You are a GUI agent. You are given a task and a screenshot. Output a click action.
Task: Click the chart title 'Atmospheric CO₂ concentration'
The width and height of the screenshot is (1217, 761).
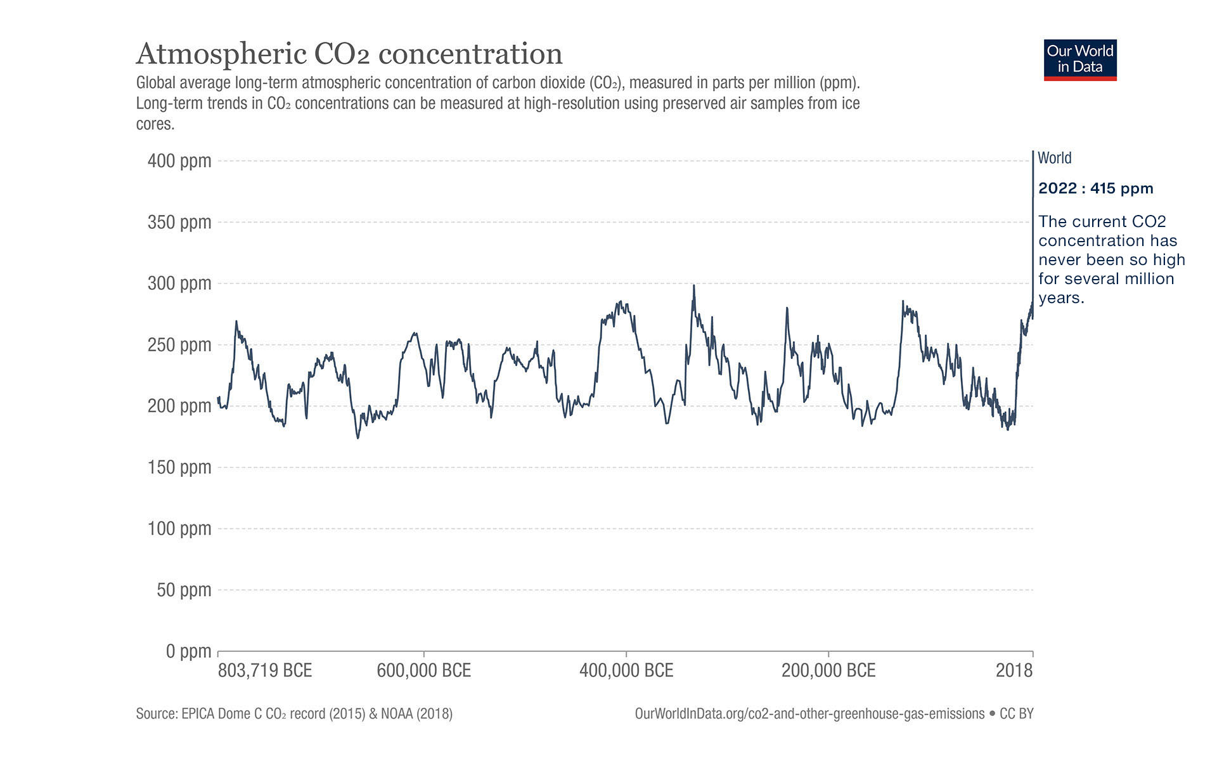349,54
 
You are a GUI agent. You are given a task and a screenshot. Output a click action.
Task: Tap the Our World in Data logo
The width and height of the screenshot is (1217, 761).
1080,60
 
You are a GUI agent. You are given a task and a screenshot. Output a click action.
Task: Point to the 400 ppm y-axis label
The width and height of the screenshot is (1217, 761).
179,161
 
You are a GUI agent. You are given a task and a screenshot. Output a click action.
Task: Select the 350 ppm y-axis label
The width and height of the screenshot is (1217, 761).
179,223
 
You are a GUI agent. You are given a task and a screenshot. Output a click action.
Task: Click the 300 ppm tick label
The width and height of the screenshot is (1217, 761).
179,283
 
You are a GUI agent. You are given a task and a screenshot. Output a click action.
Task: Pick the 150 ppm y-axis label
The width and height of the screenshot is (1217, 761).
179,467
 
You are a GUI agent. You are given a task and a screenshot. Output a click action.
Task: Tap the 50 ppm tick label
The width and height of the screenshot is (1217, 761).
184,590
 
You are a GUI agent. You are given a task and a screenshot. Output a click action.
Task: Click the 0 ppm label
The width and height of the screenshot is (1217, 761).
188,651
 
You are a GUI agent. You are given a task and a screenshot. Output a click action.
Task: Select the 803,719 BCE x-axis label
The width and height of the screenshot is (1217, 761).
265,671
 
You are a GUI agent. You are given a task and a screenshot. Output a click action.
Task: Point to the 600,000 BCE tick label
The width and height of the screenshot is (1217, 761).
423,671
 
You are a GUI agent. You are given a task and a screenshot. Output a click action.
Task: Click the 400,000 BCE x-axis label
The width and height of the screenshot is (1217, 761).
626,671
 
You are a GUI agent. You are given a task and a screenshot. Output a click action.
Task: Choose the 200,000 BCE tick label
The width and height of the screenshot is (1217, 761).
828,671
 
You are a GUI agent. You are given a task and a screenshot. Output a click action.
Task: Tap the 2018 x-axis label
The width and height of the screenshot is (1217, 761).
1014,671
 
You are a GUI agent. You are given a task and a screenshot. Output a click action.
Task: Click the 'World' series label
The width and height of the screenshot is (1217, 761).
1055,158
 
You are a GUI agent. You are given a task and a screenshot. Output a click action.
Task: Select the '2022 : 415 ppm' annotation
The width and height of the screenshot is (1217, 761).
1095,188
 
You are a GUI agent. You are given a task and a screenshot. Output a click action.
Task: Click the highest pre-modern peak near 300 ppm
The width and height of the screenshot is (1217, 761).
694,286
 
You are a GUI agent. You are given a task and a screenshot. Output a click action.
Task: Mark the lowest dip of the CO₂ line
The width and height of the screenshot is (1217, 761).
358,438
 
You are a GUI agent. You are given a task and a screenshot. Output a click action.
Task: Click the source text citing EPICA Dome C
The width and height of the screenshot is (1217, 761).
294,714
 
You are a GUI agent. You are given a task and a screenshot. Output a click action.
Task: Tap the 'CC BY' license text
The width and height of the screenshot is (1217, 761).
1016,714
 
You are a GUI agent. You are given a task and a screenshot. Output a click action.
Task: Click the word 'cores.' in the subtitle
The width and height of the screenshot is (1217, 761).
155,124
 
